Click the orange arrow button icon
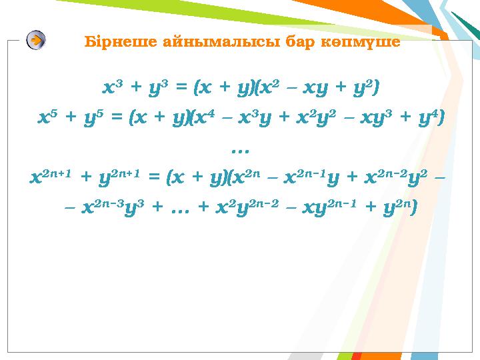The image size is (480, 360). click(36, 41)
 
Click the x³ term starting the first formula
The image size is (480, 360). click(111, 87)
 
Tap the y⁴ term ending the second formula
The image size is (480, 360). click(424, 118)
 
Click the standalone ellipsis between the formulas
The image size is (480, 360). click(238, 148)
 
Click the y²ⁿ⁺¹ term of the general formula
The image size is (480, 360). click(116, 178)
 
